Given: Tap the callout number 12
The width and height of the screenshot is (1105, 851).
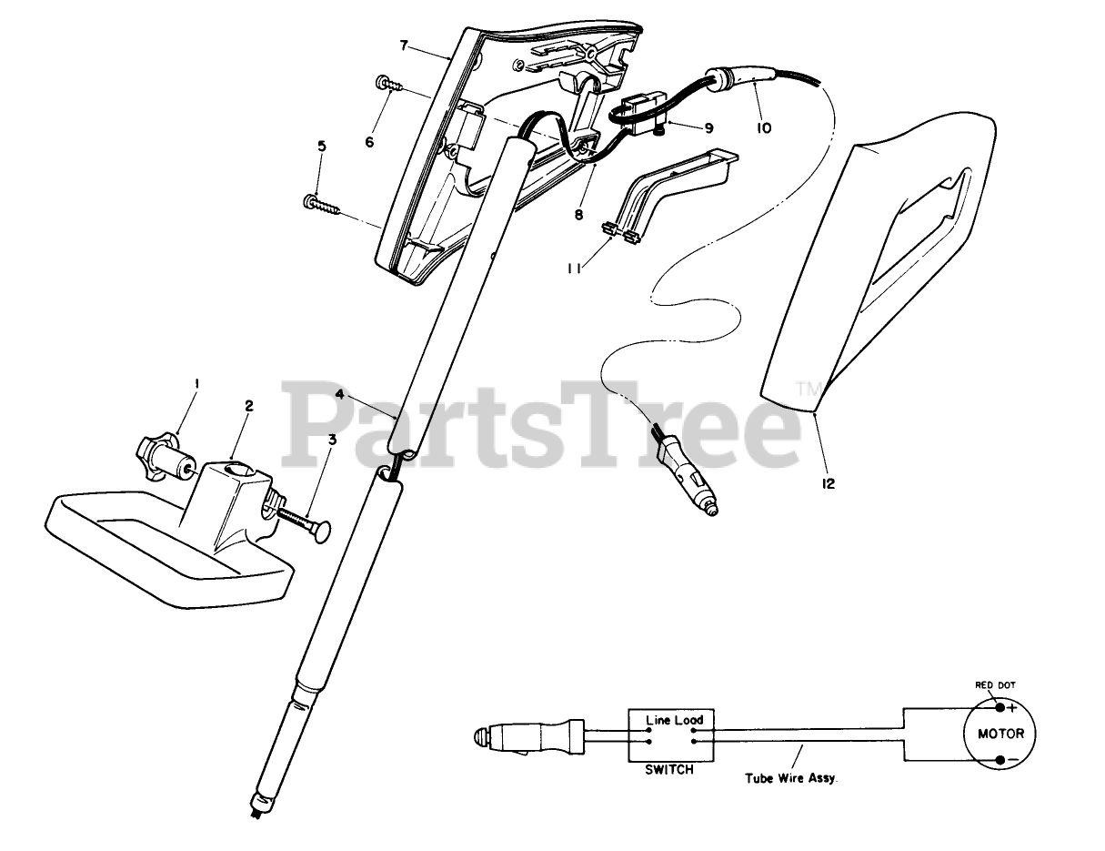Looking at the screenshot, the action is point(827,483).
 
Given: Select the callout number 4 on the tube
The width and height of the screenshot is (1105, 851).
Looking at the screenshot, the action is point(338,394).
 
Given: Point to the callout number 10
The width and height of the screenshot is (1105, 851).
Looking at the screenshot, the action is point(763,128).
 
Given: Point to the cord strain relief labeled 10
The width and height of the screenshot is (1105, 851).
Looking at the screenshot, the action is point(728,78).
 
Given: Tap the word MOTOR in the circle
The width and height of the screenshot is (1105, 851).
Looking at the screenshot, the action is point(1000,734).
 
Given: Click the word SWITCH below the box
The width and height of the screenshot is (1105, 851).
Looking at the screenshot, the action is point(670,769).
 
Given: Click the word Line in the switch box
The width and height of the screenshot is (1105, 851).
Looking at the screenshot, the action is point(657,719).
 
